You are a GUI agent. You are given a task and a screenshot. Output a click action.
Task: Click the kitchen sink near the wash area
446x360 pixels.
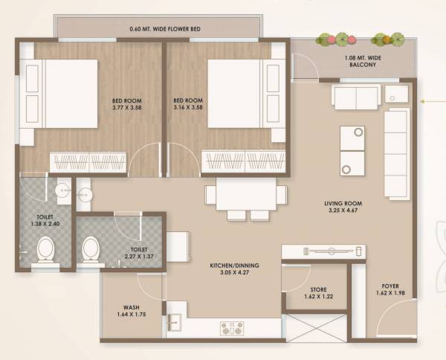[175, 323]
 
